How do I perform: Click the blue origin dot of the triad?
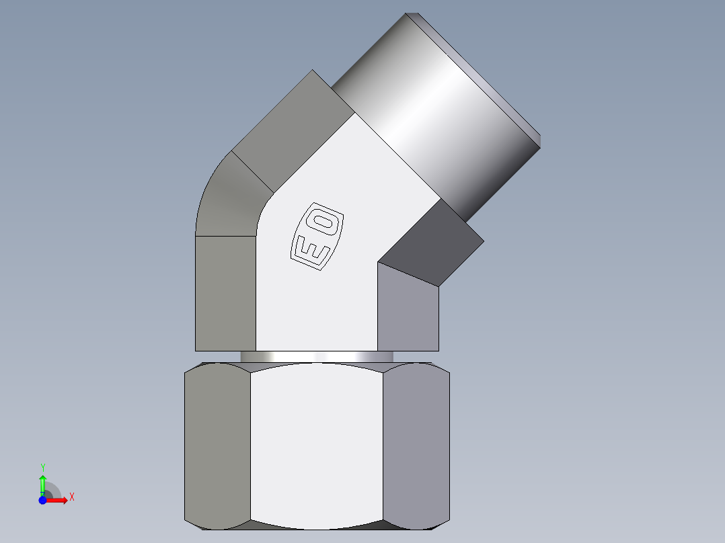[42, 500]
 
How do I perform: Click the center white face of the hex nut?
[316, 444]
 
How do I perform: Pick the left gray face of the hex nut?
[217, 444]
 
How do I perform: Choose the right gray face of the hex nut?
[415, 444]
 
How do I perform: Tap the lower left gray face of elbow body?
[225, 292]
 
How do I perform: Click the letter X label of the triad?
[71, 497]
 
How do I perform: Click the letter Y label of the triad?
[42, 467]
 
